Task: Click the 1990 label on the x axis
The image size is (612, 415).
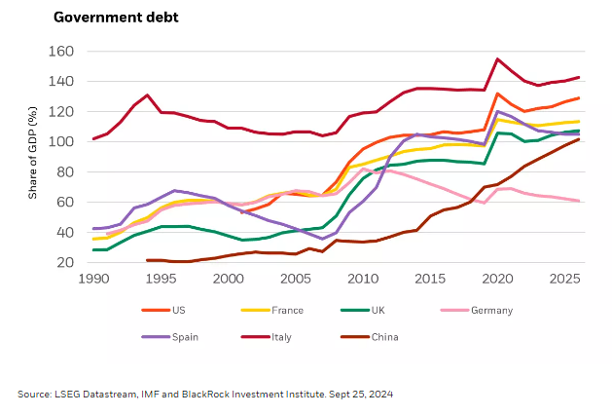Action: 93,279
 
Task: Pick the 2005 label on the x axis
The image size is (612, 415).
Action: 297,279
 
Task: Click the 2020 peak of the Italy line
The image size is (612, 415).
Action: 498,59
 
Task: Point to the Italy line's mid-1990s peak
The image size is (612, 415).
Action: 147,94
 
